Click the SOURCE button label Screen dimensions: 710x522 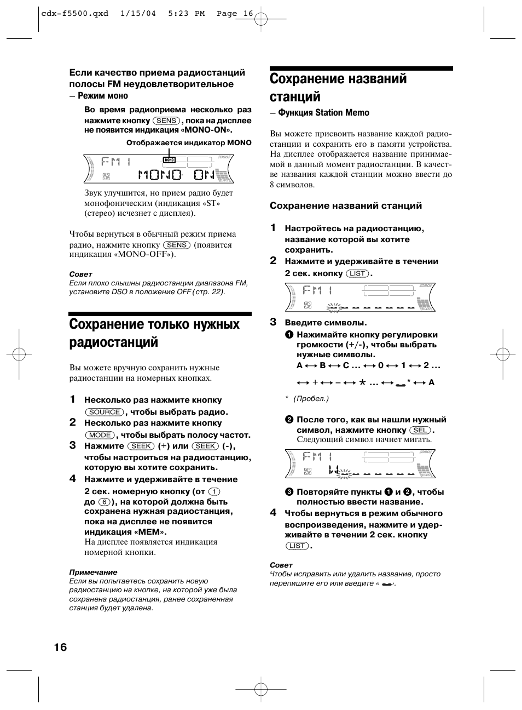click(104, 412)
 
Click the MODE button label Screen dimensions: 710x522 click(100, 435)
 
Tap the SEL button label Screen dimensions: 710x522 click(420, 430)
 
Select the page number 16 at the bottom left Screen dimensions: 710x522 click(60, 647)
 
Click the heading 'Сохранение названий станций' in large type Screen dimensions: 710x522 click(338, 88)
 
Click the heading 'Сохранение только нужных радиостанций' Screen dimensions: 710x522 click(154, 333)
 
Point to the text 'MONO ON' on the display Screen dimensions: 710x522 click(176, 174)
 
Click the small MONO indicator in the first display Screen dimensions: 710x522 click(169, 160)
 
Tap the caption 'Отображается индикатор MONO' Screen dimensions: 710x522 click(189, 142)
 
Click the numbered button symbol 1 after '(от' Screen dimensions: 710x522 click(214, 491)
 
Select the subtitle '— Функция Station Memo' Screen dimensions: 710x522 click(320, 113)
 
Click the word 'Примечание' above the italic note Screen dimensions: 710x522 click(93, 572)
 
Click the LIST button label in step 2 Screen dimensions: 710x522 click(357, 273)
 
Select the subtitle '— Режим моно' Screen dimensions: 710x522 click(98, 96)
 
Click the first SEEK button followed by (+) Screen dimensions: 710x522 click(141, 446)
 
